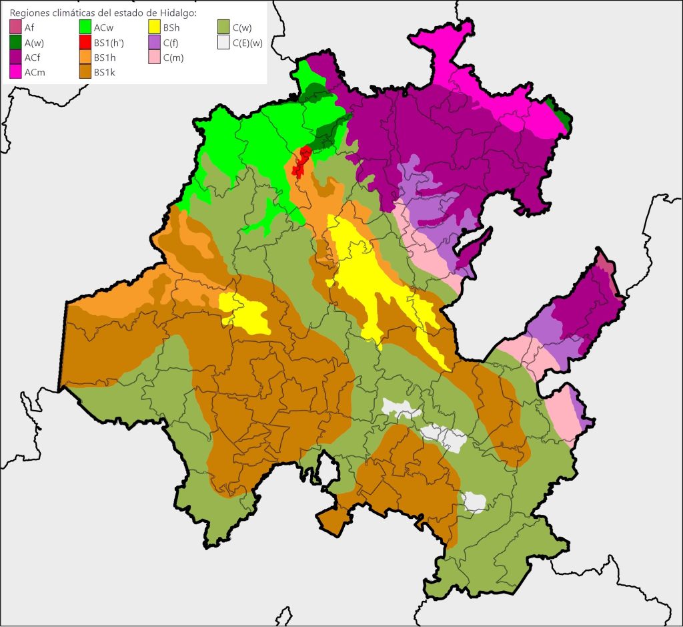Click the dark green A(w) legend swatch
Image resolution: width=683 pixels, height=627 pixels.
coord(15,43)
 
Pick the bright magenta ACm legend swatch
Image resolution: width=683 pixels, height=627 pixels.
coord(15,72)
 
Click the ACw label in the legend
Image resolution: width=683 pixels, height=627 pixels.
coord(104,28)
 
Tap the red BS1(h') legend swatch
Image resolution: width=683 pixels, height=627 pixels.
coord(85,43)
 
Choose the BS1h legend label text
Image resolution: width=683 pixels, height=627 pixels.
coord(104,57)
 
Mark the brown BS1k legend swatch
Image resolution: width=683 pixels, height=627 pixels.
coord(85,72)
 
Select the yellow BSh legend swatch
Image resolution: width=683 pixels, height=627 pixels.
coord(154,28)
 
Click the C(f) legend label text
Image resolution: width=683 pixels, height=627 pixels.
coord(170,43)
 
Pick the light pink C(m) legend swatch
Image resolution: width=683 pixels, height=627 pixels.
coord(154,57)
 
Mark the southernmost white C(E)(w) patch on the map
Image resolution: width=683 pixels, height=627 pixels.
coord(475,502)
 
